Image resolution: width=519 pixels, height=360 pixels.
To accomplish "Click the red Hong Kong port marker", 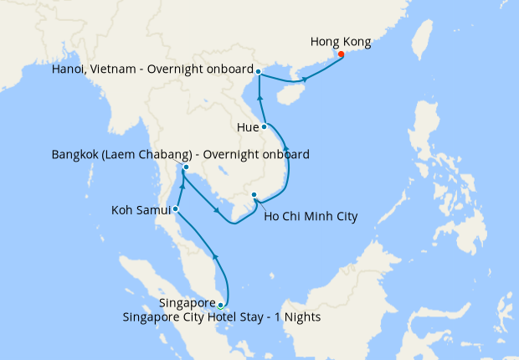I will (x=341, y=54).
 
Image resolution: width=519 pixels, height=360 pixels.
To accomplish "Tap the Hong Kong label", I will (x=340, y=41).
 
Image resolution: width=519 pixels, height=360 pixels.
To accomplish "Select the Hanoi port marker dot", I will (x=258, y=71).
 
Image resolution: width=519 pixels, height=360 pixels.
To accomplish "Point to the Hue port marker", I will (x=265, y=126).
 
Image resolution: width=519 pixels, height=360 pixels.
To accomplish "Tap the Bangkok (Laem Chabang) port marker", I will (x=185, y=167).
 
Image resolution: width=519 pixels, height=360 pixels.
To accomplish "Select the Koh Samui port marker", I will (x=175, y=208).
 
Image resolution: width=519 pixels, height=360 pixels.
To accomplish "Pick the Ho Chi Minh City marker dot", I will (x=254, y=196).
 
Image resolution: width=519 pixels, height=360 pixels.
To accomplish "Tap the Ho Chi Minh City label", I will (x=311, y=217).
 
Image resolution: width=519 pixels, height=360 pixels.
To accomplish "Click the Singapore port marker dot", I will (x=220, y=305).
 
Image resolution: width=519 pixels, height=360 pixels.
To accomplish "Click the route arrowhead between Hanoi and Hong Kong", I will (x=305, y=80).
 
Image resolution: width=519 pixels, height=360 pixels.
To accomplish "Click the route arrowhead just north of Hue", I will (x=260, y=100).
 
